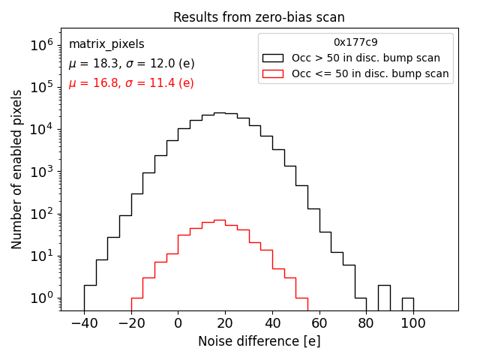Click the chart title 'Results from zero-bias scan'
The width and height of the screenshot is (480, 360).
coord(259,17)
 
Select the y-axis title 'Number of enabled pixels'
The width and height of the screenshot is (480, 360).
coord(17,169)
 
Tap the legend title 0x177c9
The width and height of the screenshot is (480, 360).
coord(355,43)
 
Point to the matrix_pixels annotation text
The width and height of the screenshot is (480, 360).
coord(106,44)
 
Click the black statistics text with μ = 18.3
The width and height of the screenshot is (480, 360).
coord(131,64)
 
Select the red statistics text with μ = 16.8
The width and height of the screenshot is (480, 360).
coord(131,83)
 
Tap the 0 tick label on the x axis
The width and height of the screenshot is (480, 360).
coord(178,322)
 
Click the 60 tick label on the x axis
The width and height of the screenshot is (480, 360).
coord(319,322)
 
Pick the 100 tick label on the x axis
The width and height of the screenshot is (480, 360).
coord(413,322)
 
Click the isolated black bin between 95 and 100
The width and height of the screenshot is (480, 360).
coord(408,304)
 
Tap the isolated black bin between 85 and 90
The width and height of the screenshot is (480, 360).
coord(384,298)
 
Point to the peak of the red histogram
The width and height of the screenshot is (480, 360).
coord(219,220)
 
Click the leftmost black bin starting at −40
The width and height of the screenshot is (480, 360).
coord(90,298)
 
